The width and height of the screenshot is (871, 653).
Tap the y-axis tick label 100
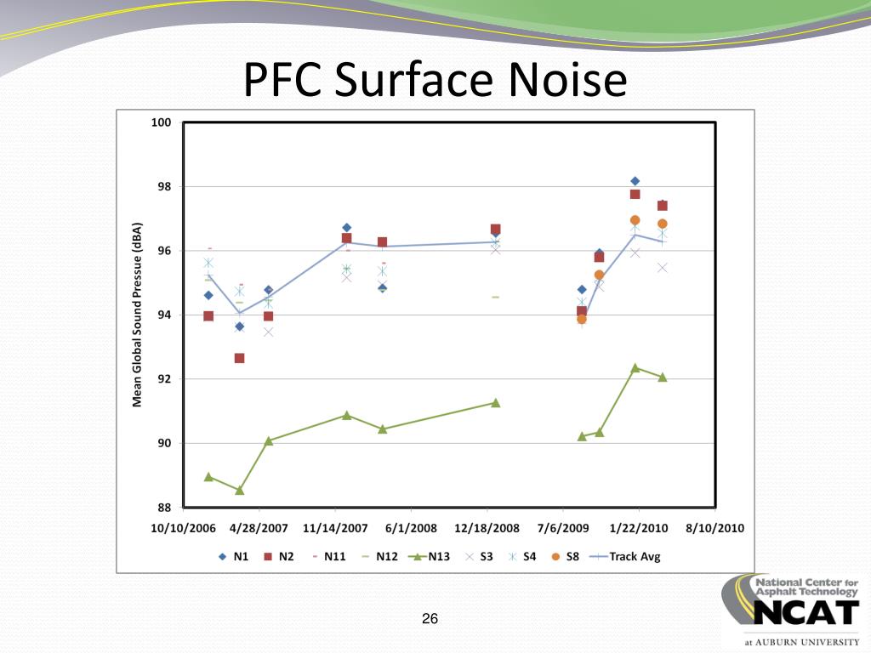point(161,122)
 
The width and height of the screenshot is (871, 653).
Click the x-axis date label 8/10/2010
point(714,528)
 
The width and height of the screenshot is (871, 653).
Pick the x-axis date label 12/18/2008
point(487,528)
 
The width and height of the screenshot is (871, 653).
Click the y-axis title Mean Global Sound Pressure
point(137,315)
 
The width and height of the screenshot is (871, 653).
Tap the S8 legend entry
point(566,557)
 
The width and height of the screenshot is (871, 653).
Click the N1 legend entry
point(235,557)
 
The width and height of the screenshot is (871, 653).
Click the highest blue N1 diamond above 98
point(635,181)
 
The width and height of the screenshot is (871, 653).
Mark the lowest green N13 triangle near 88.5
point(240,490)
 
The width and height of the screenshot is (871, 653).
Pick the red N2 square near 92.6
point(240,358)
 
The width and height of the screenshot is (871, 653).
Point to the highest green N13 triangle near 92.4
point(635,367)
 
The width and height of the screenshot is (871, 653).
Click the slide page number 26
point(430,619)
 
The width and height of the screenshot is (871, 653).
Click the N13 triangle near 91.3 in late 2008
point(496,402)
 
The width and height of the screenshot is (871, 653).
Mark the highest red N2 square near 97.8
point(635,194)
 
